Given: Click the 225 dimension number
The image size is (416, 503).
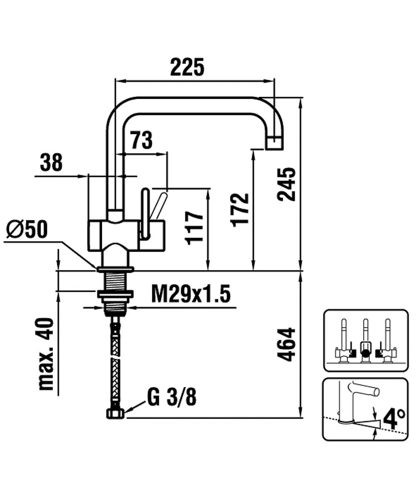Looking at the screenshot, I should tap(187, 67).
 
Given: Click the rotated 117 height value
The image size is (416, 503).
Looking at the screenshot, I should tap(194, 227).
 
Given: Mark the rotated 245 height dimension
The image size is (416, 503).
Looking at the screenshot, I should tap(287, 184).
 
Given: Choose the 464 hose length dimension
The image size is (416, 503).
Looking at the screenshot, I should tap(287, 344).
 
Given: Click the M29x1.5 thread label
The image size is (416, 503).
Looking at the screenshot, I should tap(191, 295).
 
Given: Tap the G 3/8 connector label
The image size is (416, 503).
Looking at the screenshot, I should tap(172, 398).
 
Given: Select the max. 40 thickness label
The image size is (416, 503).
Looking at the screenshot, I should tap(46, 354).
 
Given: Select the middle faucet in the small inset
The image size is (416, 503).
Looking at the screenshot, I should tap(365, 342).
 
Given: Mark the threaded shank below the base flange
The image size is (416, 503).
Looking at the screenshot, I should tap(116, 281).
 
